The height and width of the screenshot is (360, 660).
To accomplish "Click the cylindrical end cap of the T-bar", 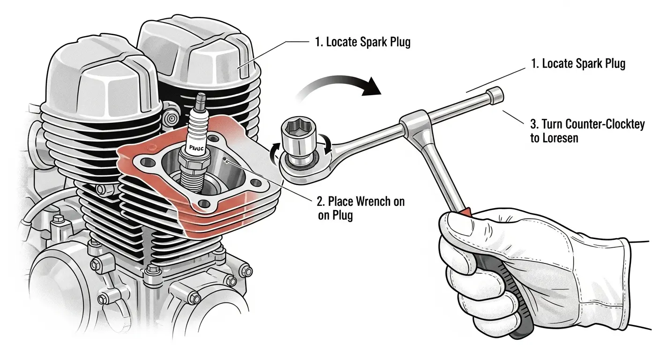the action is (x=495, y=95).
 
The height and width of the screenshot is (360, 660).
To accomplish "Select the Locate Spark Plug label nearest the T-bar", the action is (x=578, y=64).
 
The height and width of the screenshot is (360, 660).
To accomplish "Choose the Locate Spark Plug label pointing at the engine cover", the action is (x=363, y=43).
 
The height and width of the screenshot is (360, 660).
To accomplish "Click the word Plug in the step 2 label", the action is (x=342, y=215).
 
